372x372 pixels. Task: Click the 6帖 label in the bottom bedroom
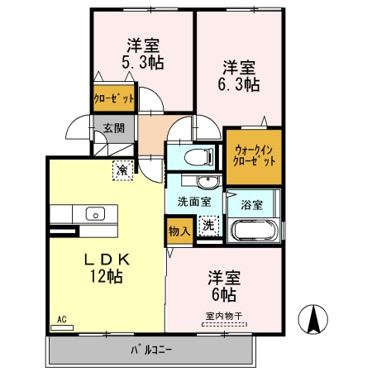click(x=223, y=294)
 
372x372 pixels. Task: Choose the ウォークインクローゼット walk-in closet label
click(x=254, y=155)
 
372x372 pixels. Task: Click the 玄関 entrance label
click(x=112, y=129)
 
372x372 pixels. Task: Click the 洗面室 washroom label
click(x=193, y=201)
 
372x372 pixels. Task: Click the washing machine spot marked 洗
click(x=209, y=225)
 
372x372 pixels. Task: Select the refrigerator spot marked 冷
click(x=122, y=169)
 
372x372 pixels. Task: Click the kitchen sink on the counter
click(x=94, y=213)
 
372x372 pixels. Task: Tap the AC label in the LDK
click(x=62, y=318)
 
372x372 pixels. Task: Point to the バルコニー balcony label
click(x=150, y=350)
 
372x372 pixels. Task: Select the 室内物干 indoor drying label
click(x=223, y=316)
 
